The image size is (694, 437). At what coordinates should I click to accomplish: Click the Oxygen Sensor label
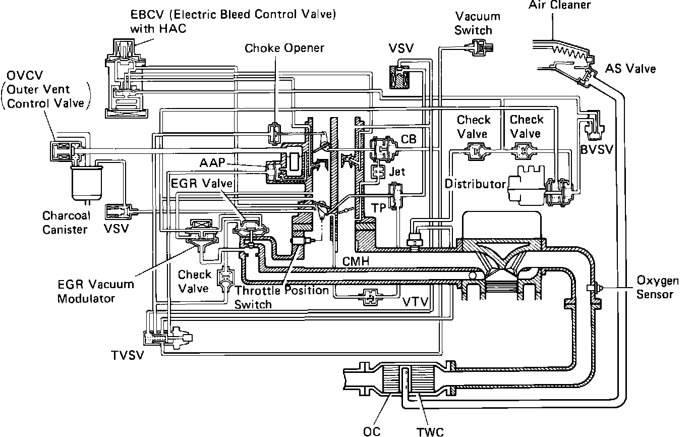pos(657,287)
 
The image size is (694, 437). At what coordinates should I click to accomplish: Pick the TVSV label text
pos(128,355)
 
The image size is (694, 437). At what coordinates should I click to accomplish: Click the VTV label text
pos(416,302)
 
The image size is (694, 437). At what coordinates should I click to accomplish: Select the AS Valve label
pos(630,68)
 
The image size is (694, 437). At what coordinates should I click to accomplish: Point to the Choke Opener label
pos(284,48)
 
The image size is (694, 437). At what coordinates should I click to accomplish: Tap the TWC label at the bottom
pos(430,431)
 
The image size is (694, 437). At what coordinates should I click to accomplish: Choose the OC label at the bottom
pos(373,431)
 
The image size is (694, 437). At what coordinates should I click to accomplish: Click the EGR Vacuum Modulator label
pos(95,291)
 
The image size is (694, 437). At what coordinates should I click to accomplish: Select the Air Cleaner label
pos(559,6)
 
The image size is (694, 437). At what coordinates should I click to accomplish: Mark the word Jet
pos(397,172)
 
